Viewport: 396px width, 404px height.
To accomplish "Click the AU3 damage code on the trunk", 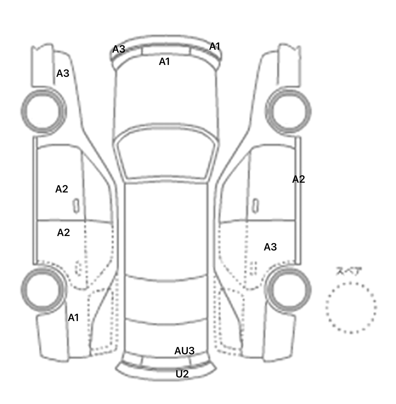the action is pyautogui.click(x=184, y=351).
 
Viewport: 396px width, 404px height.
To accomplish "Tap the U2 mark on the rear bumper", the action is pyautogui.click(x=182, y=374).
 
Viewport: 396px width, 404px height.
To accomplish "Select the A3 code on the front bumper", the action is pyautogui.click(x=119, y=49).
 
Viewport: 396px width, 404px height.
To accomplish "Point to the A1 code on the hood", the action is pyautogui.click(x=164, y=62).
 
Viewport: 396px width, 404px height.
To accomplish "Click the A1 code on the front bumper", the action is pyautogui.click(x=215, y=46).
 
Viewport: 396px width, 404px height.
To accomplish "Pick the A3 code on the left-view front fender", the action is pyautogui.click(x=63, y=73).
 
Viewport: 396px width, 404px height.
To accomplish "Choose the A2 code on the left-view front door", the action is pyautogui.click(x=62, y=189).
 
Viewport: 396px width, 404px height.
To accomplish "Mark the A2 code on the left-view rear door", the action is pyautogui.click(x=63, y=233).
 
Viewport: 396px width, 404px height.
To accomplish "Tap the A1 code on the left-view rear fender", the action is pyautogui.click(x=73, y=318).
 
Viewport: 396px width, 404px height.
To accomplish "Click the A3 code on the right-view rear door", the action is pyautogui.click(x=270, y=247).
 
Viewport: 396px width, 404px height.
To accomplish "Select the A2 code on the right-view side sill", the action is pyautogui.click(x=299, y=179).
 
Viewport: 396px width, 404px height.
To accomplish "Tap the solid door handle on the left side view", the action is pyautogui.click(x=76, y=206).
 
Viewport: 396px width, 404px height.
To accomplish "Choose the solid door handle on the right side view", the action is pyautogui.click(x=255, y=206).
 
